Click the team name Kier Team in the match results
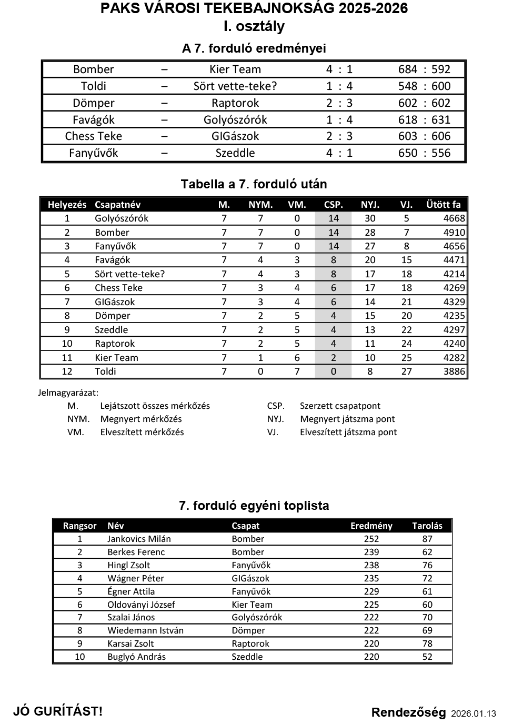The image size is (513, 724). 235,69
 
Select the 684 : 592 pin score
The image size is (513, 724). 424,69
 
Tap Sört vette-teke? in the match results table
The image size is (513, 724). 235,86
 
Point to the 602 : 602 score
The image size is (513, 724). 424,103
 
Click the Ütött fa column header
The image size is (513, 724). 443,205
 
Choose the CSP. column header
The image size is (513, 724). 333,205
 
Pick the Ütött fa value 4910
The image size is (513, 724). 454,233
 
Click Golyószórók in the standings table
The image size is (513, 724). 122,218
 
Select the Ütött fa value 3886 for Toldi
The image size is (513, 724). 454,371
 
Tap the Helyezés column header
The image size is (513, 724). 67,205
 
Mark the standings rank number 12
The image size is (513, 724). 67,371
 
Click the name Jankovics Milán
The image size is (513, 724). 139,539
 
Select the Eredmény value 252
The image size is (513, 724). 371,539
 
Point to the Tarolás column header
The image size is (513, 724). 427,526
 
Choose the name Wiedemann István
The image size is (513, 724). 145,630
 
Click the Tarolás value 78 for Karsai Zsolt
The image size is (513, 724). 427,643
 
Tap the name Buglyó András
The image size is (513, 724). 136,657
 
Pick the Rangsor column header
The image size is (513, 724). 79,526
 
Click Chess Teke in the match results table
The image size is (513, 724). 94,136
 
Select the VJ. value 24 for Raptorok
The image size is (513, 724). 406,344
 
